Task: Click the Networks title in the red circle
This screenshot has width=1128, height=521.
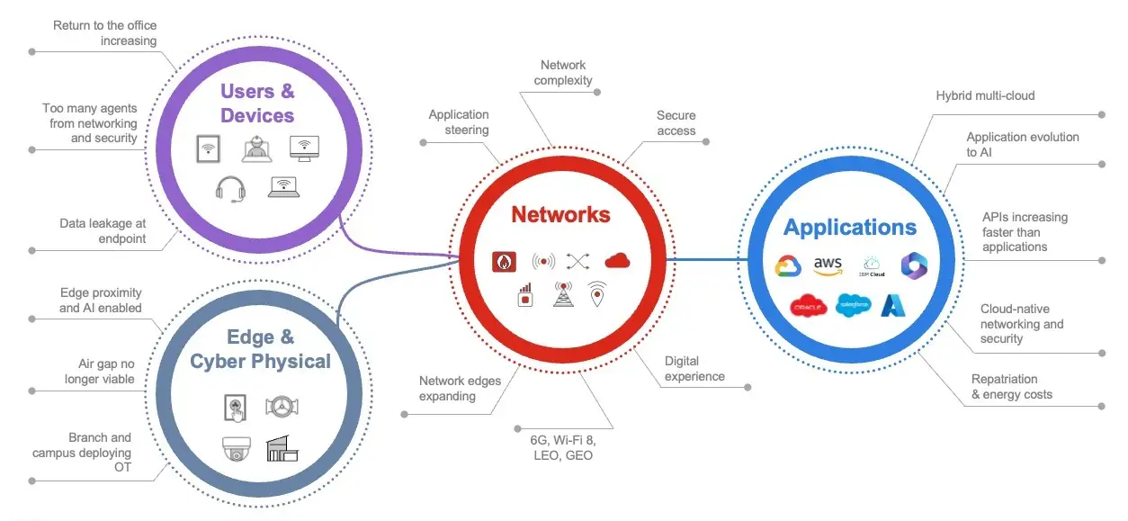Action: pyautogui.click(x=560, y=215)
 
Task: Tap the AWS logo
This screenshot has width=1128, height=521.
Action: pyautogui.click(x=827, y=265)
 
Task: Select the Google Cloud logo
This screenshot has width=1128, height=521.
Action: pyautogui.click(x=788, y=265)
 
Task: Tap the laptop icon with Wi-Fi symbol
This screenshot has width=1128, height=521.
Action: pyautogui.click(x=283, y=187)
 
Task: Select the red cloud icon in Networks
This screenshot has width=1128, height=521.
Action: pyautogui.click(x=617, y=261)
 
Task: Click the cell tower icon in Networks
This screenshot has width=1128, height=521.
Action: pyautogui.click(x=564, y=294)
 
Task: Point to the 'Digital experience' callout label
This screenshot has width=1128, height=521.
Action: pyautogui.click(x=694, y=369)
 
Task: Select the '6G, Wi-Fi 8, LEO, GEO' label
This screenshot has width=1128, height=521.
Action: pyautogui.click(x=562, y=448)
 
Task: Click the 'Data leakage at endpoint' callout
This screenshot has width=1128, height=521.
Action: pyautogui.click(x=103, y=231)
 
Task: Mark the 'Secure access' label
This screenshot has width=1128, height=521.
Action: pyautogui.click(x=676, y=123)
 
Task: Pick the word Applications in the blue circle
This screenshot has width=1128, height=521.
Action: pyautogui.click(x=849, y=228)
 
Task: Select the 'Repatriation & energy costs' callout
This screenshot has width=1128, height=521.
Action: pyautogui.click(x=1011, y=387)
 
